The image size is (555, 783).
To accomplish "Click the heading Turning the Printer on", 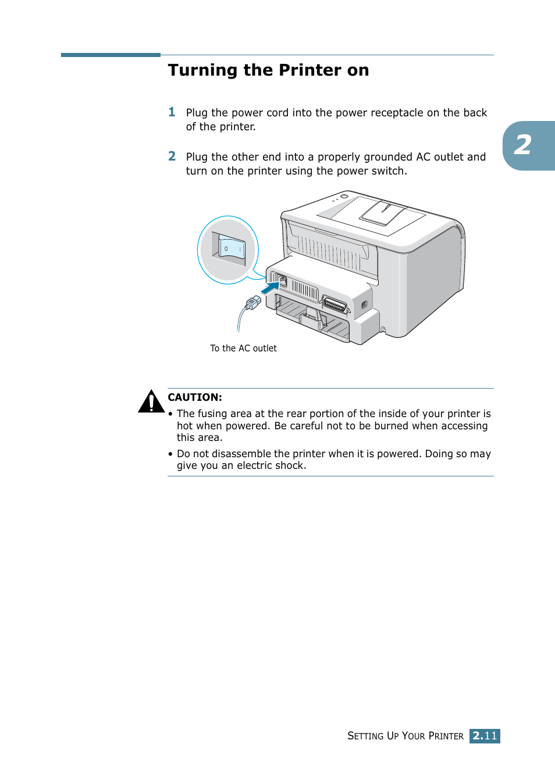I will point(268,70).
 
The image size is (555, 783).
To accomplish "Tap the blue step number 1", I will point(172,112).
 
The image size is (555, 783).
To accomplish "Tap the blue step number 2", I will point(172,156).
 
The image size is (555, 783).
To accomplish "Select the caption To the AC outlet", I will point(243,348).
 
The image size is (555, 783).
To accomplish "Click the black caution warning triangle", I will point(151,401).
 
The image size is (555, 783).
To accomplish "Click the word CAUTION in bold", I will point(195,397).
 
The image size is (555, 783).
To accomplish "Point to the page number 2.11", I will point(485,736).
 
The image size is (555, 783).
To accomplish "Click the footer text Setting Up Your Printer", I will point(405,736).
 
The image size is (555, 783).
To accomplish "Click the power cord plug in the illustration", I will point(253,302).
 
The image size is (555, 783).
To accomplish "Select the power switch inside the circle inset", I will point(232,249).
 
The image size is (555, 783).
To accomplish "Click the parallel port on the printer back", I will point(335,305).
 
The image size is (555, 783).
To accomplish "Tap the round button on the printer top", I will point(344,197).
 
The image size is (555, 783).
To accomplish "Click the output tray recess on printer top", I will point(382,213).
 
